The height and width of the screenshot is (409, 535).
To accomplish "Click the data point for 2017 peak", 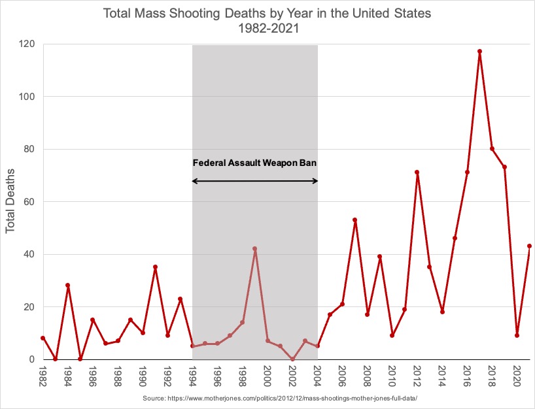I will click(479, 52).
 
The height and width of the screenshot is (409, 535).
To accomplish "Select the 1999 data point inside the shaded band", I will click(254, 249).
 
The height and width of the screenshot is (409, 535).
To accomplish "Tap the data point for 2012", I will click(417, 172).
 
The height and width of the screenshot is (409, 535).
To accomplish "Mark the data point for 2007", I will click(354, 220).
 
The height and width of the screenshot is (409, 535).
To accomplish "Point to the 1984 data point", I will click(67, 286).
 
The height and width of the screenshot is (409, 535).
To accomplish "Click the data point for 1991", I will click(155, 267).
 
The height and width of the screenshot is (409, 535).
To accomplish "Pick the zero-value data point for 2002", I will click(292, 359).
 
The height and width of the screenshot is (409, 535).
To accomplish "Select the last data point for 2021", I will click(529, 246).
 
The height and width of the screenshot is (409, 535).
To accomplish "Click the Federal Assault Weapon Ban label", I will click(255, 163).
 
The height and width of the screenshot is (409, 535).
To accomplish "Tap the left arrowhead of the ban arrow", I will click(195, 181).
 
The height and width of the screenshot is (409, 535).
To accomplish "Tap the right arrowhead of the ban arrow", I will click(315, 181).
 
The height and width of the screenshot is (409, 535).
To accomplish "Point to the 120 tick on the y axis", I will click(27, 44).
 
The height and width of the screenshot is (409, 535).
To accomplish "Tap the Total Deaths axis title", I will click(10, 203).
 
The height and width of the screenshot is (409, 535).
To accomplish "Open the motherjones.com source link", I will click(280, 398).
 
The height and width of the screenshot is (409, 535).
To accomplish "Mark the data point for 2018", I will click(492, 149).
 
